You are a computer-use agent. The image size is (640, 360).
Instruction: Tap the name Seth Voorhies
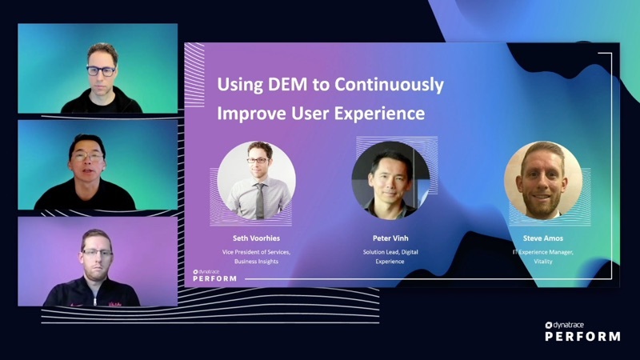point(256,238)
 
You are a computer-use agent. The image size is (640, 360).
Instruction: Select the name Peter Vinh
point(390,238)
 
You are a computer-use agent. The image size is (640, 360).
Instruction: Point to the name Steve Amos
point(542,238)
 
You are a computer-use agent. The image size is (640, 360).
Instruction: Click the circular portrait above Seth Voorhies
point(256,181)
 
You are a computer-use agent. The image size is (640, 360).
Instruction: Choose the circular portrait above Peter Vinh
point(390,181)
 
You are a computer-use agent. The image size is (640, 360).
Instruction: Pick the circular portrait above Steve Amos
point(543,181)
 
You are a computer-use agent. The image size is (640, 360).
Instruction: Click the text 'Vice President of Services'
point(256,252)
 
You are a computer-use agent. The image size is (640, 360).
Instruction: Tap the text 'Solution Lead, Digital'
point(390,252)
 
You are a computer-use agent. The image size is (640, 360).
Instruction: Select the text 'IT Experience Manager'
point(543,252)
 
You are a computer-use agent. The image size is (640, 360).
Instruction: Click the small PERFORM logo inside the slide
point(214,275)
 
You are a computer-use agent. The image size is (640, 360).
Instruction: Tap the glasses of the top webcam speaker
point(101,70)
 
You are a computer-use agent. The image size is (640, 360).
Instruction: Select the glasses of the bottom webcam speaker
point(96,252)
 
